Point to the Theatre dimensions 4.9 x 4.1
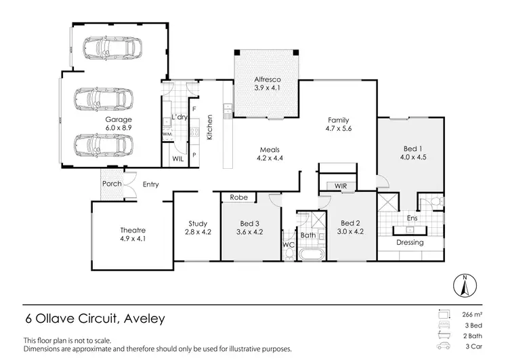click(x=133, y=239)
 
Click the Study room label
click(x=198, y=223)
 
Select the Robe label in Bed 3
click(x=238, y=199)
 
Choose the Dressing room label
click(x=409, y=242)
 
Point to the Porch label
click(x=112, y=183)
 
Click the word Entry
click(x=150, y=183)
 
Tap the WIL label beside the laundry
click(x=178, y=159)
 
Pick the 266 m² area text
click(x=473, y=314)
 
